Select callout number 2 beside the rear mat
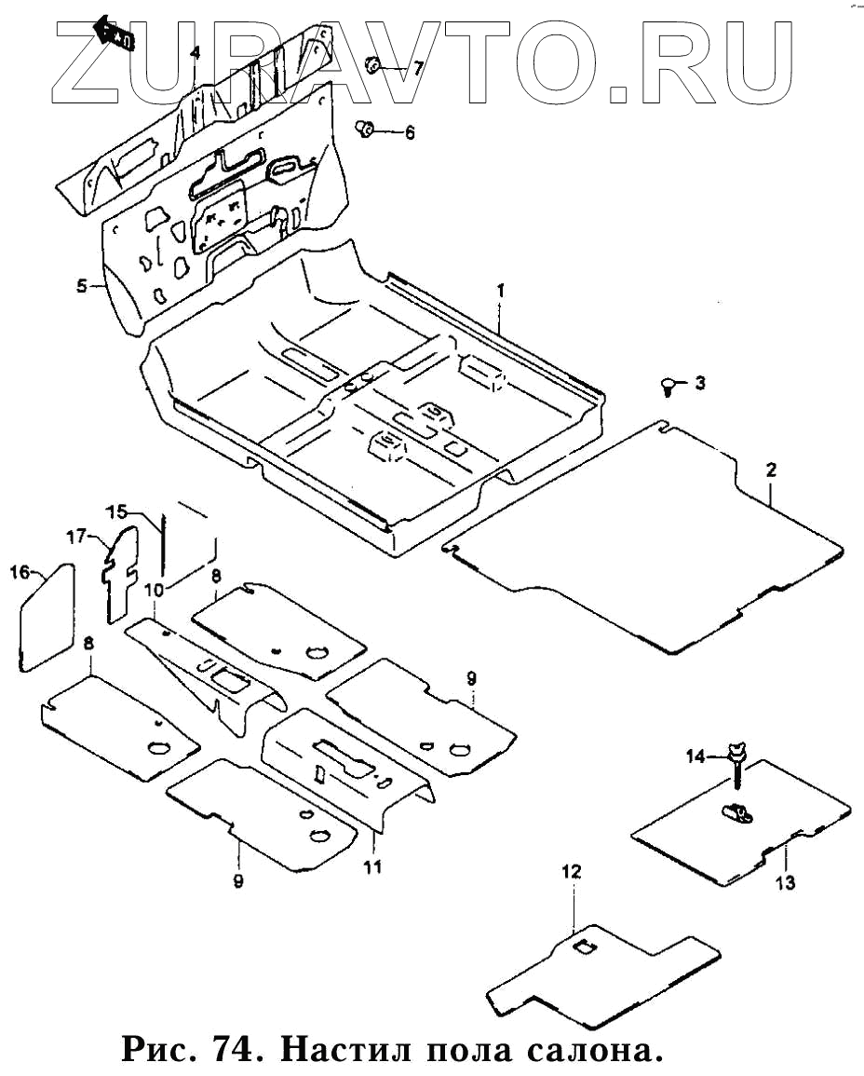[x=771, y=470]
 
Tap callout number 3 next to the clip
[x=700, y=383]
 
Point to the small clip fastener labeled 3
[x=668, y=384]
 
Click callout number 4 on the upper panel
[x=195, y=53]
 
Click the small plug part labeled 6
[x=366, y=128]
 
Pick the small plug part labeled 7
[x=371, y=65]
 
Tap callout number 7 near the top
[x=418, y=67]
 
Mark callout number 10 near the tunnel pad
[x=155, y=589]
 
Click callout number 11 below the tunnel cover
[x=372, y=867]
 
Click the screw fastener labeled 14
[x=736, y=757]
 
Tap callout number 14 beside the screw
[x=697, y=757]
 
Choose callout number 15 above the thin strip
[x=115, y=511]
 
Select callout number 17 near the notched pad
[x=75, y=536]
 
